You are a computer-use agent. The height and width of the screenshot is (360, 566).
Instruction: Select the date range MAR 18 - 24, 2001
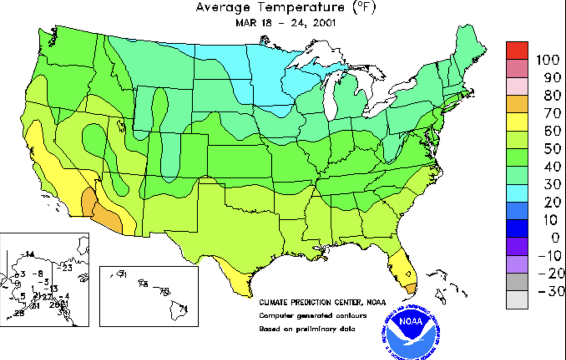[286, 22]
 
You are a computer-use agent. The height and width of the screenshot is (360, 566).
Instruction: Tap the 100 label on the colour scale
[548, 60]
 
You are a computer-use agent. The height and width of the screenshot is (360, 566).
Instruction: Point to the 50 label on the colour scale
[552, 149]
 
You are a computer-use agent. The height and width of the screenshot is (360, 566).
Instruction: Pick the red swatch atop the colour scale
[517, 50]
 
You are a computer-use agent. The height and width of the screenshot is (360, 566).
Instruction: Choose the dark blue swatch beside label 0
[517, 228]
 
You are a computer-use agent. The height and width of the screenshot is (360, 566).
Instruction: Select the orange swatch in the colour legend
[517, 104]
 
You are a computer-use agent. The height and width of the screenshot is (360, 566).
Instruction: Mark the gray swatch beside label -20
[517, 282]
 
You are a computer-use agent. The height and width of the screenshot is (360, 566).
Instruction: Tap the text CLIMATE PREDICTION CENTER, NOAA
[322, 302]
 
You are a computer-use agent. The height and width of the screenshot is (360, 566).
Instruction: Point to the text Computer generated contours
[313, 316]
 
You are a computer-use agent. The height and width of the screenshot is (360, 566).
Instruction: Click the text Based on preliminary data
[307, 329]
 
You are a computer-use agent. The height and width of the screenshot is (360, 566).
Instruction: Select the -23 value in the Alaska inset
[67, 268]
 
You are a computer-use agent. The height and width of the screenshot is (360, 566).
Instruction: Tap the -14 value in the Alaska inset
[29, 254]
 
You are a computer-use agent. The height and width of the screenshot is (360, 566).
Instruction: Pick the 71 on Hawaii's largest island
[182, 309]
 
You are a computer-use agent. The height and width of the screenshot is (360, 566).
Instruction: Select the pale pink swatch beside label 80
[517, 86]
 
